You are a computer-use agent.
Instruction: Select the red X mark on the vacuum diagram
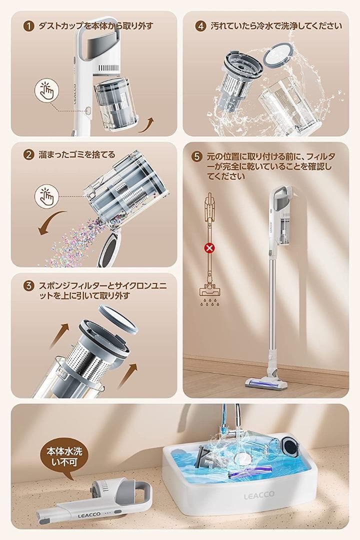(x=207, y=246)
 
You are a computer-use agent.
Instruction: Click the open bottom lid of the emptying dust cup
(x=110, y=245)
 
